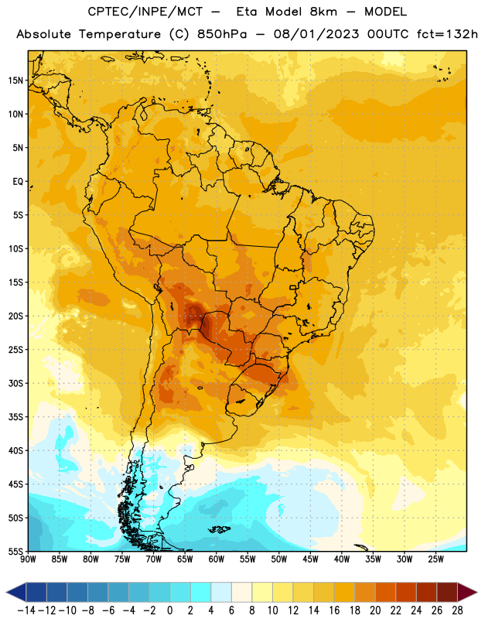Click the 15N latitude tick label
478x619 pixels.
point(15,80)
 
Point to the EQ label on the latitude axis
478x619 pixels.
point(18,182)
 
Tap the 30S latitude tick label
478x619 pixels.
point(15,383)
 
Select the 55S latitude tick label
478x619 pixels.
point(15,551)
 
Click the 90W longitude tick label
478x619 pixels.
point(28,559)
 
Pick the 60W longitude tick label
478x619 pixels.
point(217,559)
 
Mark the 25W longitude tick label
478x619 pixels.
point(435,559)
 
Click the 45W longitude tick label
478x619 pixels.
point(310,559)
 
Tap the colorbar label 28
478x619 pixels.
point(457,610)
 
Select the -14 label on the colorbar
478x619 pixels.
point(26,610)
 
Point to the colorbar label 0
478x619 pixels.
point(169,610)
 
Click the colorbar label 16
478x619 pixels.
point(334,610)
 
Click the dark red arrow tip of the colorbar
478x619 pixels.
point(476,592)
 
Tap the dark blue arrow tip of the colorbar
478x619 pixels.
point(7,592)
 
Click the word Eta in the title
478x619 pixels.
point(247,12)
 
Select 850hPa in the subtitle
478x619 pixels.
point(221,34)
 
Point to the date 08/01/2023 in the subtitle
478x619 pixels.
point(316,34)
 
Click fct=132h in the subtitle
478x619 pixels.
point(447,34)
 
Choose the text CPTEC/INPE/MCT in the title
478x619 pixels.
point(145,12)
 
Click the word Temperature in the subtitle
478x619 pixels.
point(120,35)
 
